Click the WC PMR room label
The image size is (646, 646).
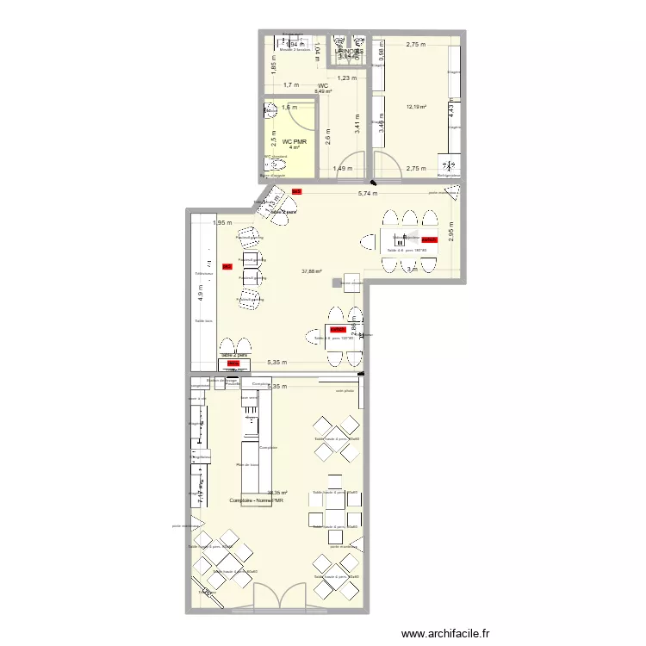tap(295, 141)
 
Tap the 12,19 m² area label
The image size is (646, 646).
tap(416, 107)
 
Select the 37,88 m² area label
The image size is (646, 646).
tap(311, 271)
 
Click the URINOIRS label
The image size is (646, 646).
tap(350, 52)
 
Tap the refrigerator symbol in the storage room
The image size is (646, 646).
tap(448, 166)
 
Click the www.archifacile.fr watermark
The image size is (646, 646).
tap(448, 633)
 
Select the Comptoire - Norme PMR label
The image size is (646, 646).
tap(263, 500)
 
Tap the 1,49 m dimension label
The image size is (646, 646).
tap(343, 169)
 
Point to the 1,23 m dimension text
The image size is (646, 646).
tap(346, 78)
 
